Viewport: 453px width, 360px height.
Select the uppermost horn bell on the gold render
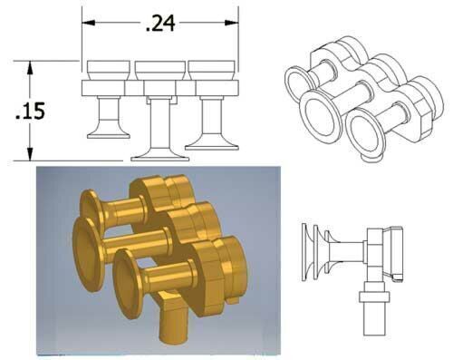coord(91,201)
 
